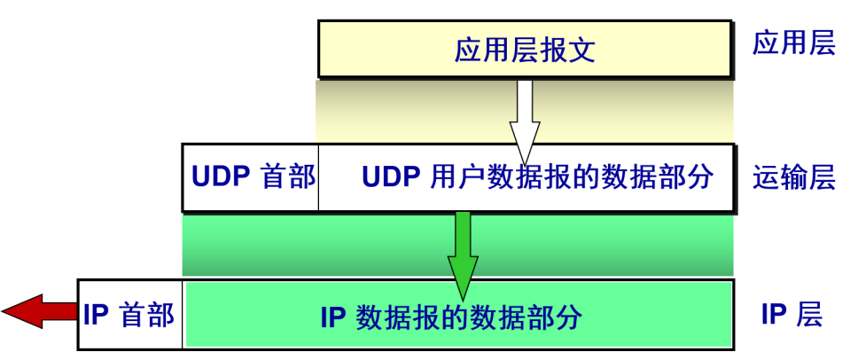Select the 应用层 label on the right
[x=793, y=44]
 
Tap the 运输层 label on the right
[x=793, y=177]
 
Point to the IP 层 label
[x=792, y=314]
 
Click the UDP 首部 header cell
[x=252, y=177]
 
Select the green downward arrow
[x=462, y=253]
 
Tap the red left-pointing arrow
[x=40, y=310]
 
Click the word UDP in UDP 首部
[x=222, y=177]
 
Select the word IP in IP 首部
[x=96, y=315]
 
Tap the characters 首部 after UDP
[x=288, y=177]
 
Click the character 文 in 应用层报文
[x=581, y=50]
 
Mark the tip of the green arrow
[x=462, y=298]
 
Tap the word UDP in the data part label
[x=390, y=177]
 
